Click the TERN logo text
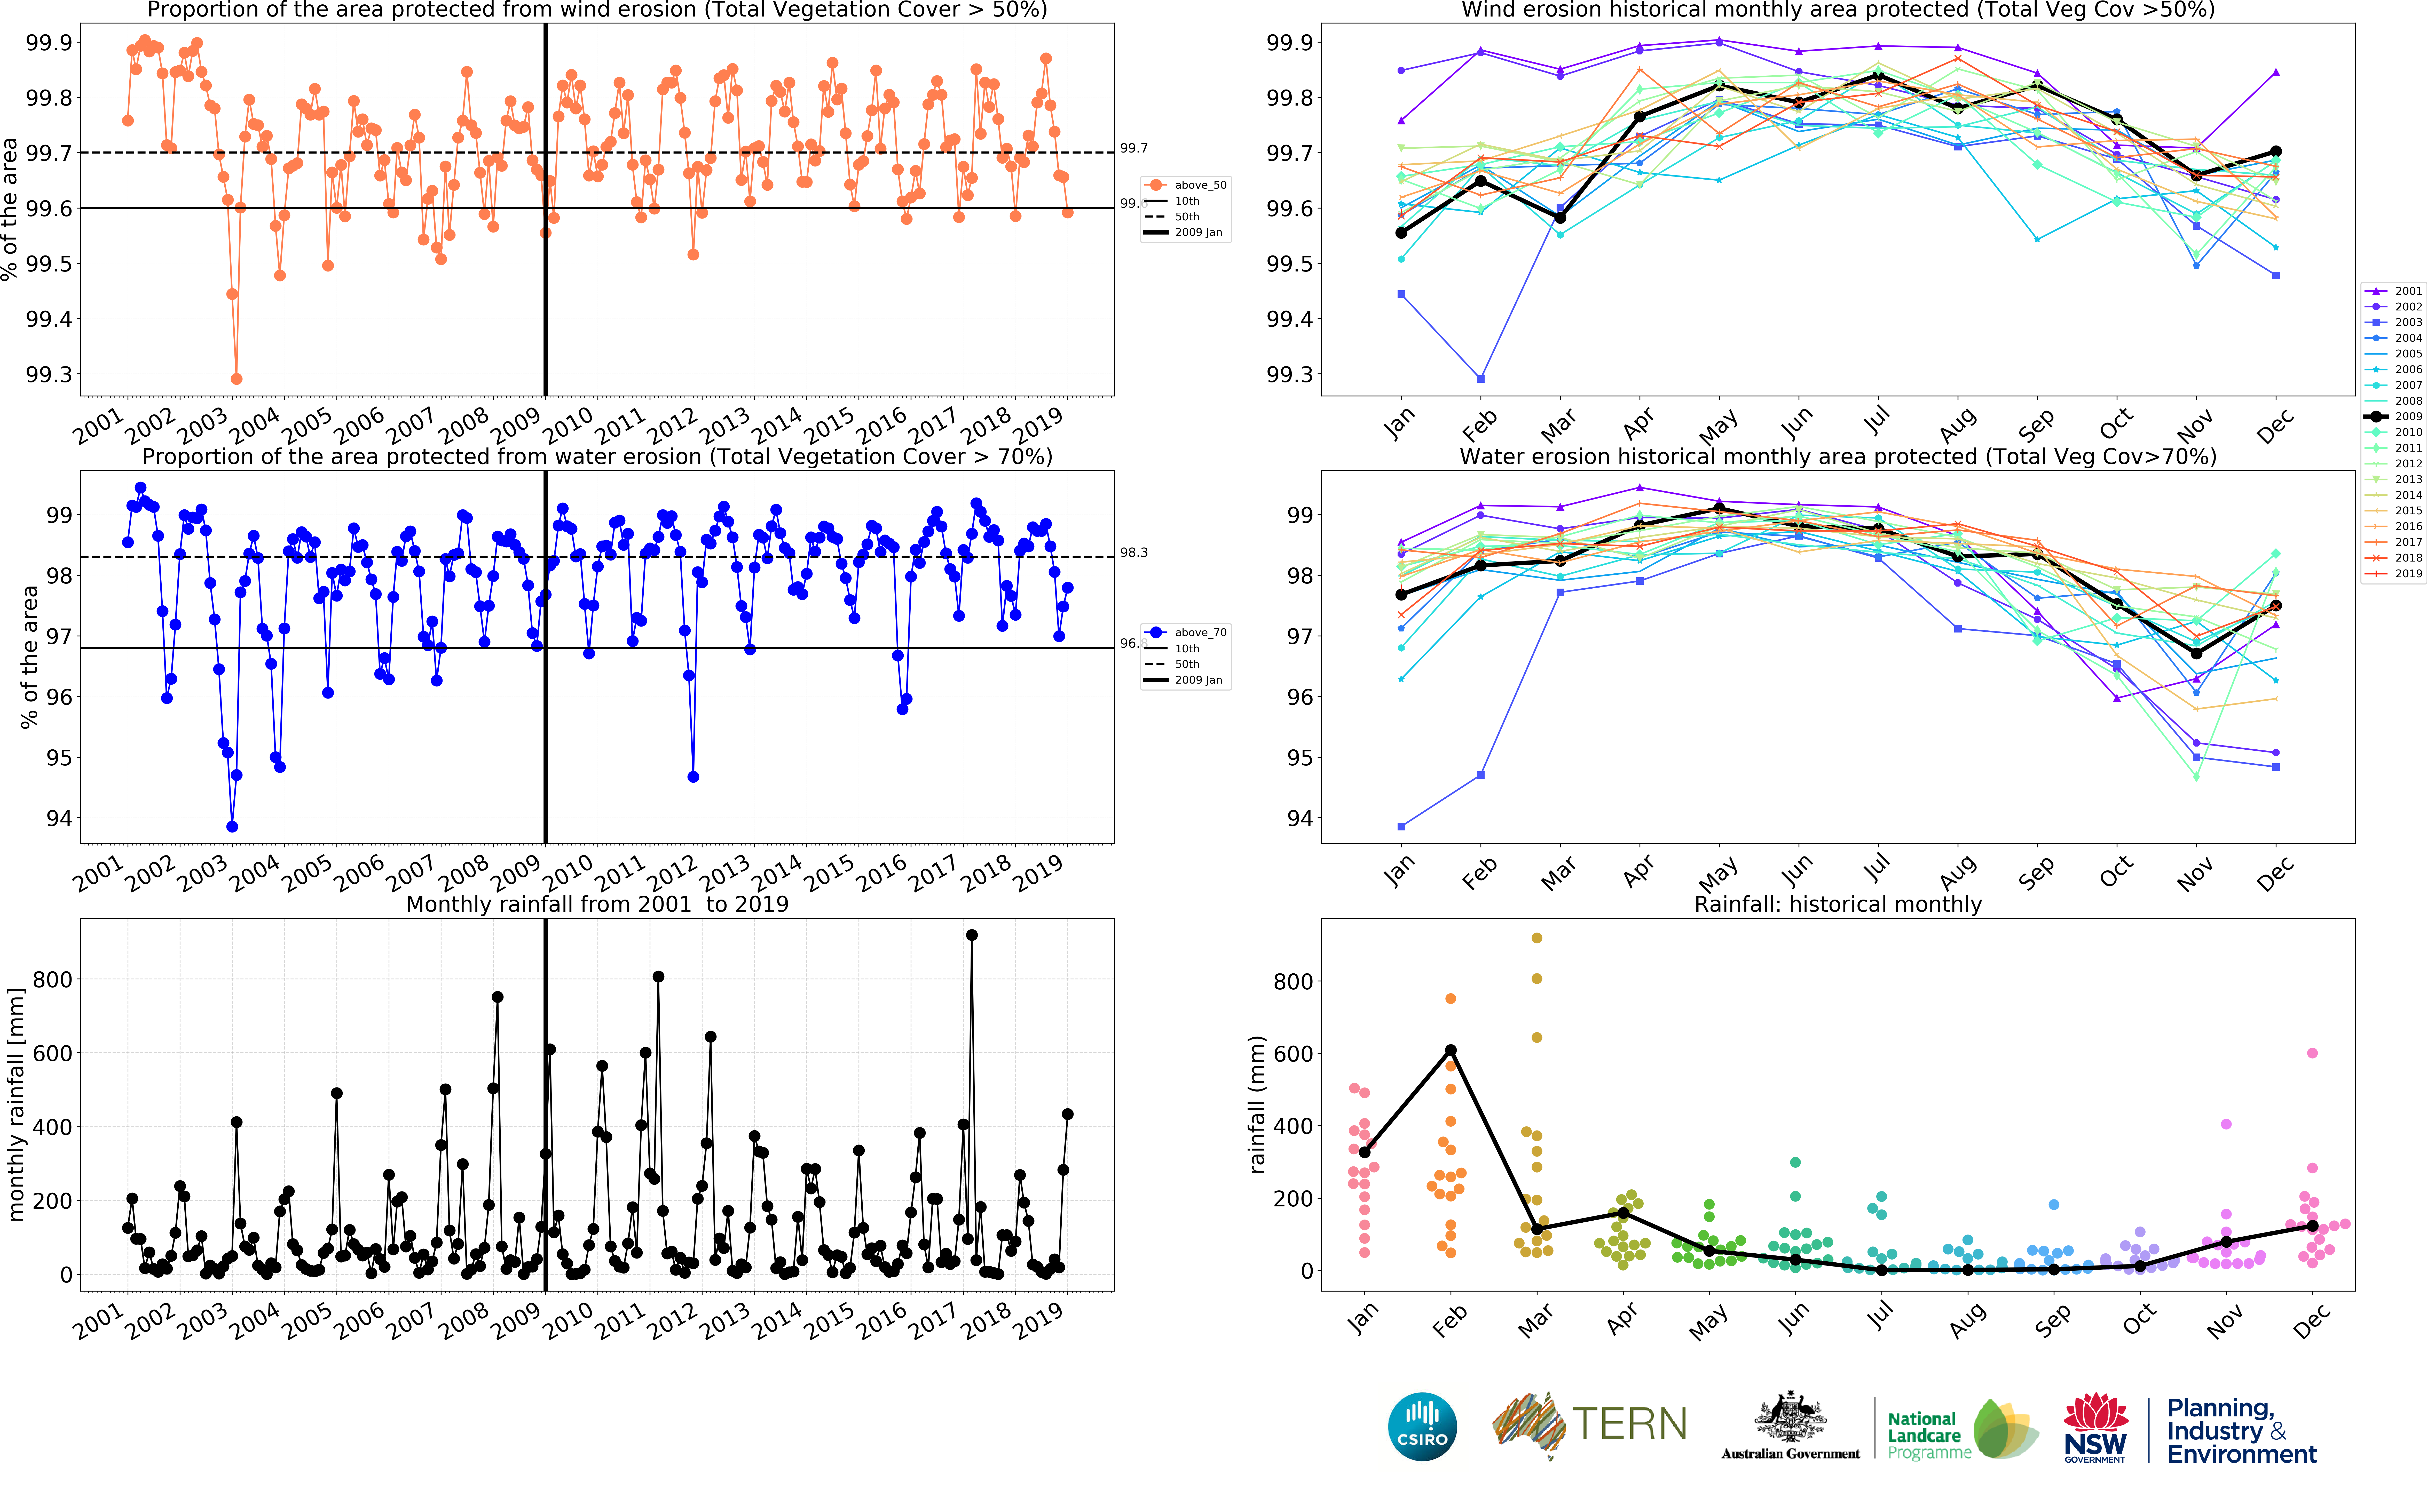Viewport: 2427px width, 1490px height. (1629, 1424)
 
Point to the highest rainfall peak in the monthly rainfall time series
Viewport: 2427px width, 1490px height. (972, 935)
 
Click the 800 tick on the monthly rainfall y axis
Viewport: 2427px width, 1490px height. (51, 980)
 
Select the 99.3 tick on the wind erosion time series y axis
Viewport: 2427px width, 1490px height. (49, 374)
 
